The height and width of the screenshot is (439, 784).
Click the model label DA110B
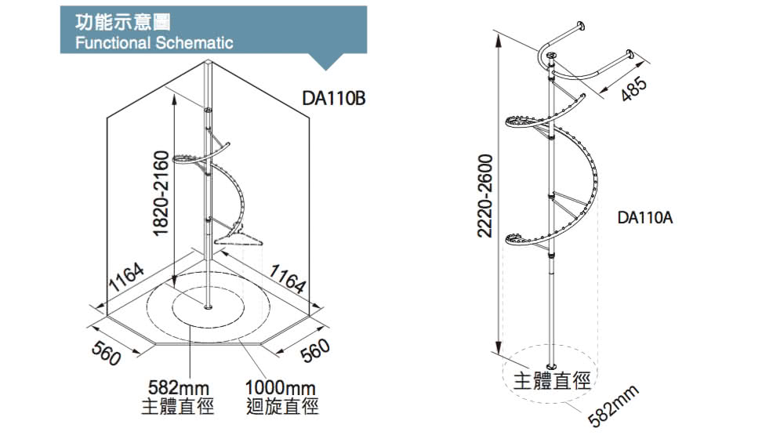(335, 100)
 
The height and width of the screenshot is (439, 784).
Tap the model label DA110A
(645, 218)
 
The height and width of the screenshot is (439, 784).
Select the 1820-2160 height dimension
(161, 193)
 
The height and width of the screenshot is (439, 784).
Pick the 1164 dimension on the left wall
(125, 280)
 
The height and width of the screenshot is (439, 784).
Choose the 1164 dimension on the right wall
(288, 280)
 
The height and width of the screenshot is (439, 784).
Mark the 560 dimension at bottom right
(315, 354)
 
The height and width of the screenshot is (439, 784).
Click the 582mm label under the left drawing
(176, 388)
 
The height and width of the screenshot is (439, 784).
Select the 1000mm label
(280, 388)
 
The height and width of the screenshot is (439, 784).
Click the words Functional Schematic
(154, 43)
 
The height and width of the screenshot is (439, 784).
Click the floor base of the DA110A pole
(552, 367)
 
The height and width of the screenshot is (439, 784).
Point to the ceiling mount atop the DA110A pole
(552, 56)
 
